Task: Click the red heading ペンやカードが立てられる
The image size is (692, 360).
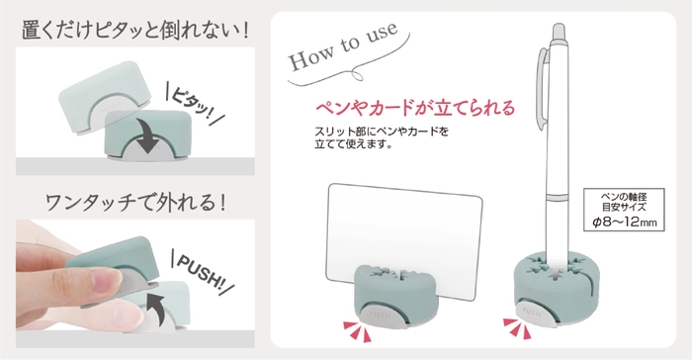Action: pyautogui.click(x=414, y=106)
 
